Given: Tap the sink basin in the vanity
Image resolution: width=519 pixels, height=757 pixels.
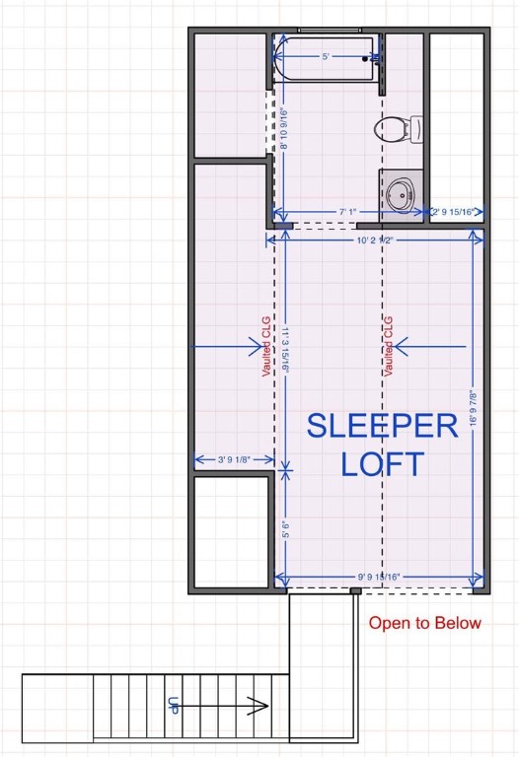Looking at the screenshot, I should point(401,194).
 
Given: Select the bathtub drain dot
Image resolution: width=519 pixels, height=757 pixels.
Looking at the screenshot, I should point(366,58).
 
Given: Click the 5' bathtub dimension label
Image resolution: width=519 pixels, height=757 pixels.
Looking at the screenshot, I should point(326,57).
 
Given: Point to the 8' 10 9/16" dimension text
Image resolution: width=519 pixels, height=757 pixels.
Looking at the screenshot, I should point(284,128).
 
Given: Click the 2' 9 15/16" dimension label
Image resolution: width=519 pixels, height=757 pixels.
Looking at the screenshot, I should point(456,211).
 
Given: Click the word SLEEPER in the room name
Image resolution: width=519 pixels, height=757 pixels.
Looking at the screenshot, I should point(382,426).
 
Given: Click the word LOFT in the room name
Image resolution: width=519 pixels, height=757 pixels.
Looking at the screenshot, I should point(382,463).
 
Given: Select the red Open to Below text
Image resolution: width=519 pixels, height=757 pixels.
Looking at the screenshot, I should point(425,623).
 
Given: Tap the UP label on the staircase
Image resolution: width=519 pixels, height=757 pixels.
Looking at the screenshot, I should point(173,706).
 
